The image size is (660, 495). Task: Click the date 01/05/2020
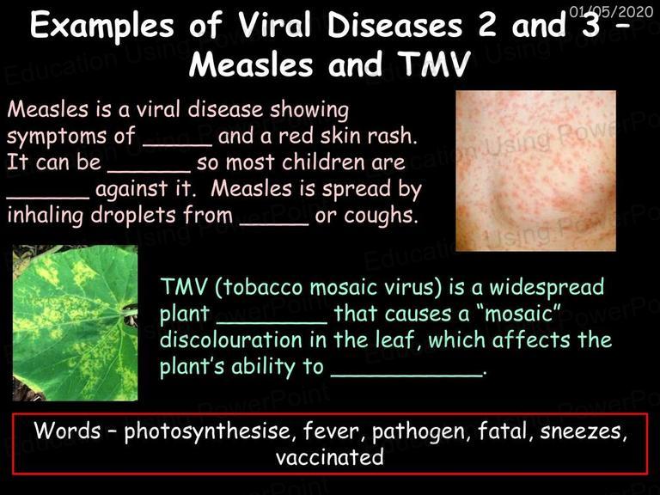(611, 11)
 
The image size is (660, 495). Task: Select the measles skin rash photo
(536, 170)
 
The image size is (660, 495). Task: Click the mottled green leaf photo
(76, 323)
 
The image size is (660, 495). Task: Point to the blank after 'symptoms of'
(178, 145)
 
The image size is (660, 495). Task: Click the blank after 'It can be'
(150, 171)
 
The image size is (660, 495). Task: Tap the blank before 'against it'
(48, 198)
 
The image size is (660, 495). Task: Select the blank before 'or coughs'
(274, 224)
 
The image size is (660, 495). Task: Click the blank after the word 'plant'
(272, 323)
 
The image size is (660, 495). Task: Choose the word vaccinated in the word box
(330, 457)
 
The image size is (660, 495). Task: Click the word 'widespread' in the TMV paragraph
(547, 288)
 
